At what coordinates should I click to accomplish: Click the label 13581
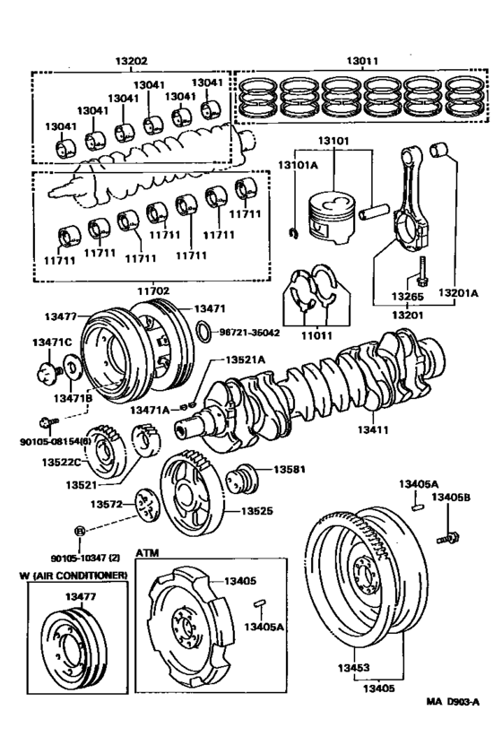click(290, 469)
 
